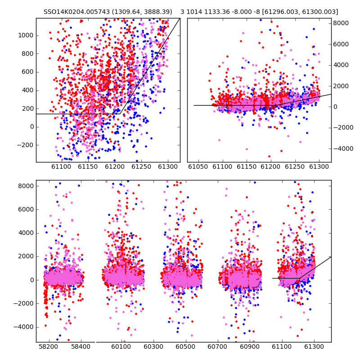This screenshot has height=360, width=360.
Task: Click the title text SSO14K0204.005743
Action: click(x=77, y=12)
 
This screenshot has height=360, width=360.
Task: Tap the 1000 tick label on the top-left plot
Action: click(x=26, y=36)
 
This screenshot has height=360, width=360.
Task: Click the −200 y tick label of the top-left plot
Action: click(x=26, y=145)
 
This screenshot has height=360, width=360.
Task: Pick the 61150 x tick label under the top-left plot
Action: click(x=88, y=166)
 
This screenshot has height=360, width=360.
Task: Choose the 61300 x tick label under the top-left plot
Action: click(x=168, y=166)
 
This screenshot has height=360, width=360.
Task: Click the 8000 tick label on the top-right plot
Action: click(x=341, y=23)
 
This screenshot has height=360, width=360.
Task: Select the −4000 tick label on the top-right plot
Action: click(x=343, y=148)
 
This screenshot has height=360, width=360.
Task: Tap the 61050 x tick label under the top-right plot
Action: click(x=198, y=166)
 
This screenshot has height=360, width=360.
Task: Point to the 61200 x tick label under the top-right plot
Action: click(x=271, y=166)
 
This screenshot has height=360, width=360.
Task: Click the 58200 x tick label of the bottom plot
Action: click(x=49, y=346)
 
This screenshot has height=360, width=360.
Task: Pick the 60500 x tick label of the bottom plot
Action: click(x=185, y=346)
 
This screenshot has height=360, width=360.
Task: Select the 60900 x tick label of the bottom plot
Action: click(x=250, y=346)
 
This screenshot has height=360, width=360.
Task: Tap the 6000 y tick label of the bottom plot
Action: click(x=26, y=209)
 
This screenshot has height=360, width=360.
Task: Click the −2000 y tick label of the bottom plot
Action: click(x=23, y=303)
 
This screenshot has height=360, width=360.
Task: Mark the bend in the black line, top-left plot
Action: click(x=120, y=114)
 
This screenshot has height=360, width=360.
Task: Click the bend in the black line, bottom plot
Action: click(x=299, y=278)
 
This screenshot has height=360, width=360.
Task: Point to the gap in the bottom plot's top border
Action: click(x=95, y=180)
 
